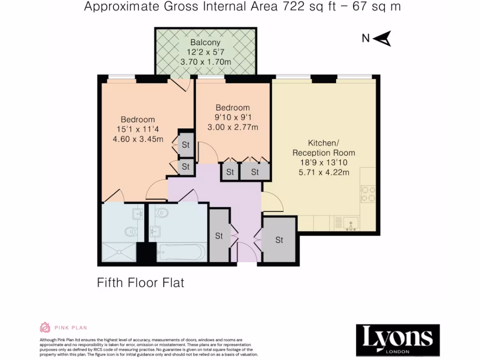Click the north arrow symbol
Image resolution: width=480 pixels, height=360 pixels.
coord(383,39)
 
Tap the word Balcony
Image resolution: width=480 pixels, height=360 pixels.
coord(205,43)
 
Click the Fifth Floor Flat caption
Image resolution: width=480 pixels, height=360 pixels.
coord(140,283)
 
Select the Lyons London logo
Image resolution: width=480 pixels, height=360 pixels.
coord(397,338)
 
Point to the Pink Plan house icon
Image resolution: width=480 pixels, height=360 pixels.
coord(45,328)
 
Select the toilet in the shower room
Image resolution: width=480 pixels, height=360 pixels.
coord(131,231)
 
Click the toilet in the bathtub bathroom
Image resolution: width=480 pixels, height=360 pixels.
coord(162,213)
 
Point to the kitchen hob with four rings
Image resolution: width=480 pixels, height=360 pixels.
coord(367,194)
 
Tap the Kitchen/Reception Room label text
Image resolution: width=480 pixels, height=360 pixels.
coord(323,148)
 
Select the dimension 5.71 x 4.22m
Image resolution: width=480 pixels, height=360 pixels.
coord(324,172)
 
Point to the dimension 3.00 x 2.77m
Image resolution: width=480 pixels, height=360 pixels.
coord(232,127)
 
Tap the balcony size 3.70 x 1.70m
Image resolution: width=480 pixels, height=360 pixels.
coord(205,62)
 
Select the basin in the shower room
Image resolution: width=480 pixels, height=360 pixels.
coord(138,214)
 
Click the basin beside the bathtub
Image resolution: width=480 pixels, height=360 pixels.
coord(155,231)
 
